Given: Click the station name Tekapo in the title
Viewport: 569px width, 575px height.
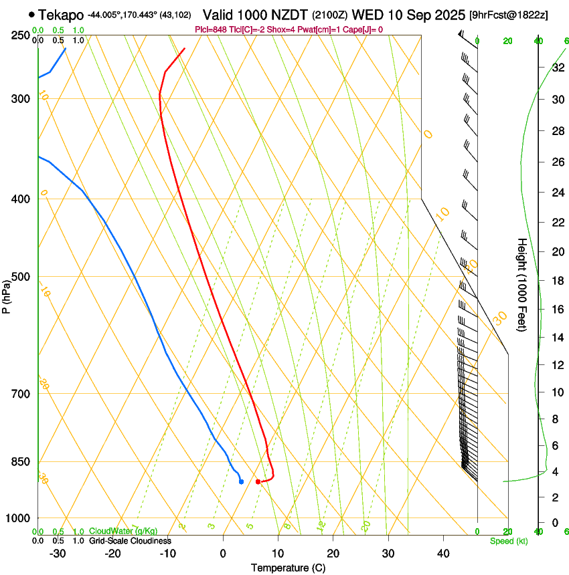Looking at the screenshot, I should tap(61, 15).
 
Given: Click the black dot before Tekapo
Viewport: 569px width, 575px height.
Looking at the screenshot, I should tap(31, 14).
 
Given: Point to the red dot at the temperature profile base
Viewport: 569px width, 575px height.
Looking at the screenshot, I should tap(258, 481).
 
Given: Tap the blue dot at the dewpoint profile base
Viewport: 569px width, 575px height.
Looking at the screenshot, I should tap(241, 481).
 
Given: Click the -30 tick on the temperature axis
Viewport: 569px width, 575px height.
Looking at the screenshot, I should tap(58, 554).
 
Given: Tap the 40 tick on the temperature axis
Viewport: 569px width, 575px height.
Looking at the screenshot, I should tap(443, 554).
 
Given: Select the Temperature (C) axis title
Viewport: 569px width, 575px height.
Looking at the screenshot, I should tap(288, 568).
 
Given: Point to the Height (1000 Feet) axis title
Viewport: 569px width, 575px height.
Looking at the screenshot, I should tap(522, 284).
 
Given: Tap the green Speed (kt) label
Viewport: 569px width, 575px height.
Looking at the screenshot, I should tap(508, 541).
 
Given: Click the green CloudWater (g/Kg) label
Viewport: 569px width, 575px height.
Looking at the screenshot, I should tap(123, 532).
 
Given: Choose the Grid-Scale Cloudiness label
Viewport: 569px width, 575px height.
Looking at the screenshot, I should tap(130, 541).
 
